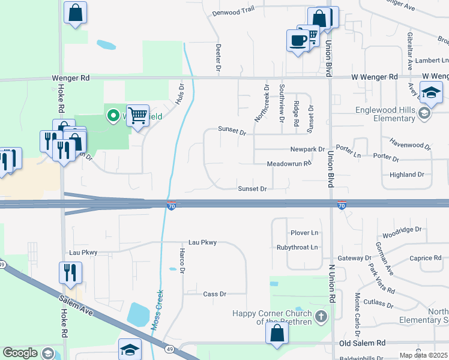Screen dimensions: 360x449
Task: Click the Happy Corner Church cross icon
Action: [321, 316]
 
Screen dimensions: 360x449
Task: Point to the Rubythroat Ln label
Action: [297, 247]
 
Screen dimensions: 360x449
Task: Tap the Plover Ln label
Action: [304, 232]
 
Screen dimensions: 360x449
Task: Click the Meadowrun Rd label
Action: [289, 163]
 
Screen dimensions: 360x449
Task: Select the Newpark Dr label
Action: [307, 149]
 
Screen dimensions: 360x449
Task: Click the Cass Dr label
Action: [214, 294]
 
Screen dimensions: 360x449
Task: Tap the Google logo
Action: [20, 353]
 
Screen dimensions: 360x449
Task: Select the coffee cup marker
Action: [298, 40]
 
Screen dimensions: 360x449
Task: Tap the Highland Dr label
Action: [406, 175]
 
